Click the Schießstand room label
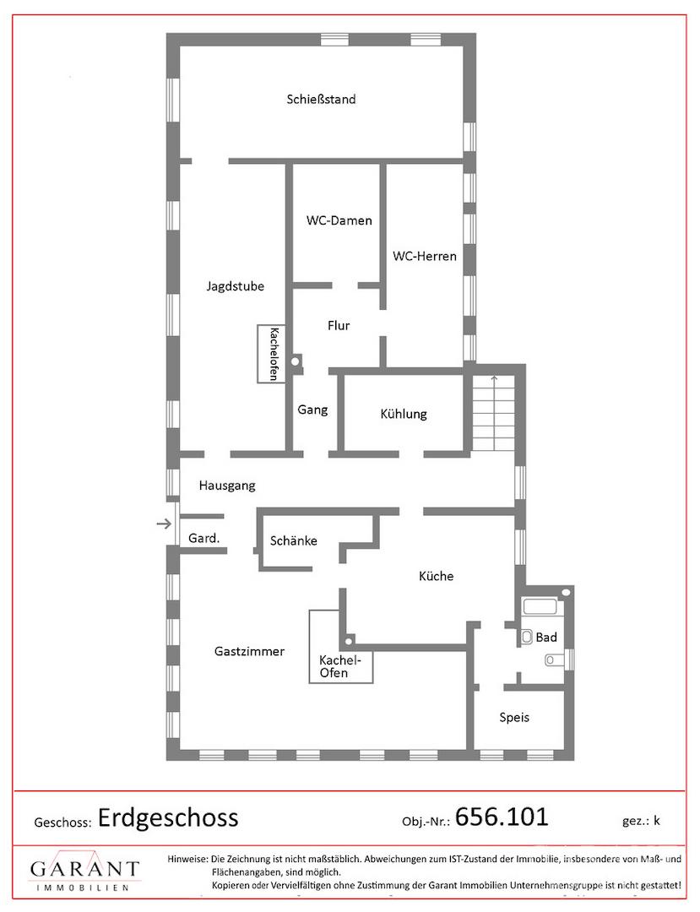coord(321,99)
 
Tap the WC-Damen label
coord(339,220)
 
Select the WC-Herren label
coord(425,256)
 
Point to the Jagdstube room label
coord(235,286)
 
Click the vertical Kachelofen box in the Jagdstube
coord(272,353)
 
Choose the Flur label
coord(339,325)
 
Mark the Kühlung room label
coord(404,414)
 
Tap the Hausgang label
coord(227,485)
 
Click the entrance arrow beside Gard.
coord(165,524)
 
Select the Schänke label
coord(294,541)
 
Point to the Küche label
coord(436,576)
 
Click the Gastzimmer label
coord(249,651)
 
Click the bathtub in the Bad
coord(540,606)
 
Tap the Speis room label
coord(514,717)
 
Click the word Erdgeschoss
coord(168,817)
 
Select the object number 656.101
coord(502,817)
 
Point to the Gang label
coord(312,410)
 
